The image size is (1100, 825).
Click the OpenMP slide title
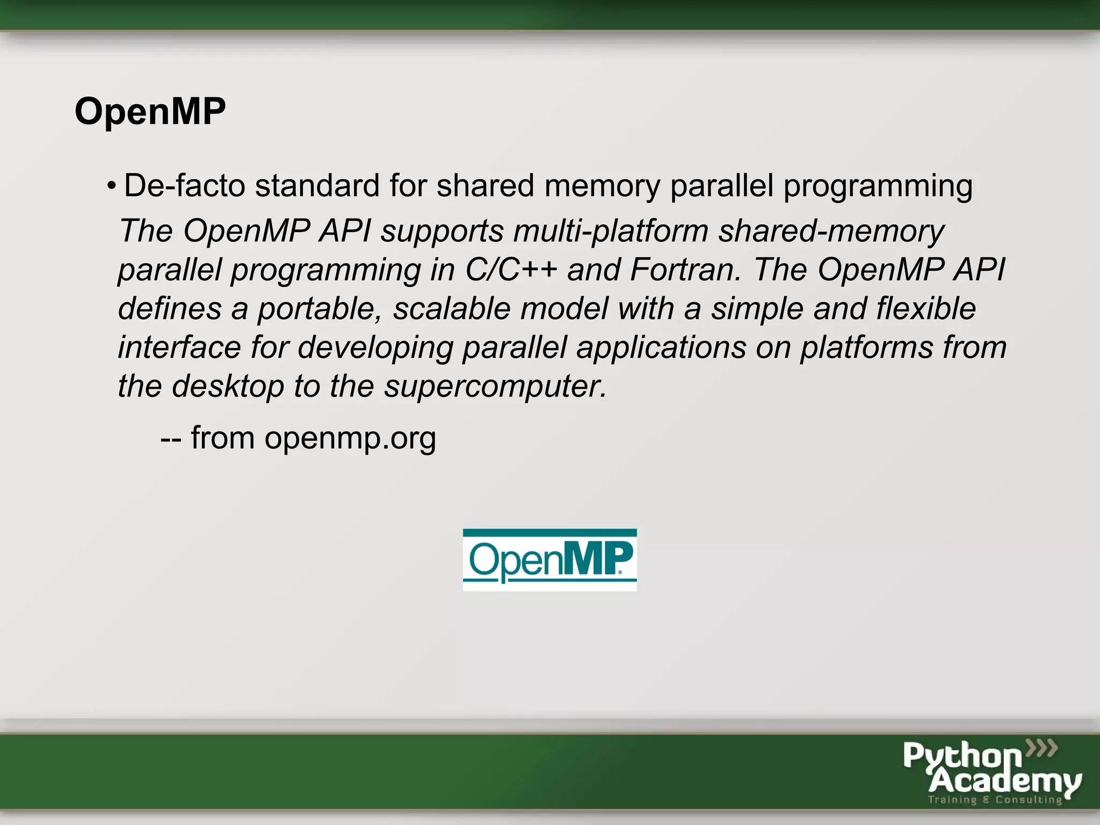click(x=150, y=112)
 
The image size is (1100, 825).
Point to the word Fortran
click(x=685, y=270)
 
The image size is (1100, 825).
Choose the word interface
click(x=179, y=348)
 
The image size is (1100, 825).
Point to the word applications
click(x=661, y=348)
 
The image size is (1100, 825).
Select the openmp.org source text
click(x=350, y=438)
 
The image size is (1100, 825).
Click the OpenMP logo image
click(x=549, y=560)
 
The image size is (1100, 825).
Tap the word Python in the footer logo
click(x=962, y=756)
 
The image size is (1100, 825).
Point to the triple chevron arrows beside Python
click(x=1042, y=748)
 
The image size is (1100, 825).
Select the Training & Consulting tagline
click(x=995, y=800)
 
